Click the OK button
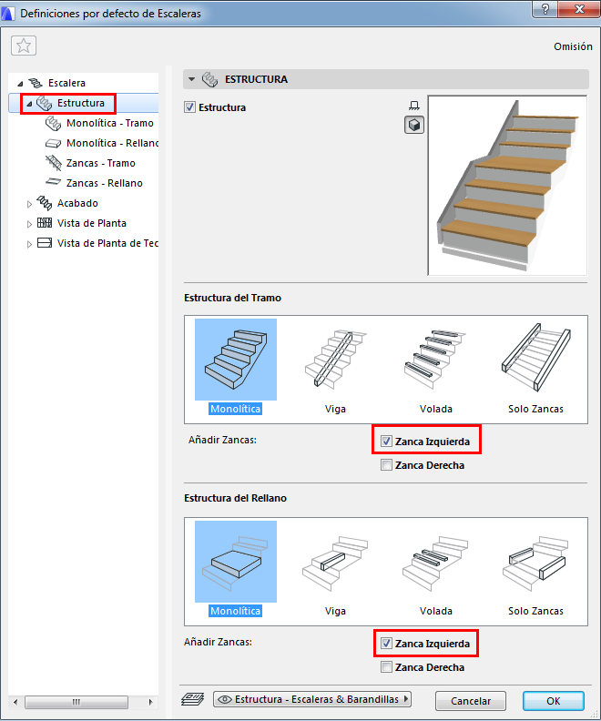(553, 701)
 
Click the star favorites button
(24, 46)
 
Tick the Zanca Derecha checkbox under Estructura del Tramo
(386, 465)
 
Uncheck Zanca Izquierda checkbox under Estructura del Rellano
(386, 644)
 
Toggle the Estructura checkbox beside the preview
(189, 107)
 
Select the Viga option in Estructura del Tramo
(335, 367)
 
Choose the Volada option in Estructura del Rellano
(436, 569)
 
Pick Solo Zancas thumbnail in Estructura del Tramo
(535, 367)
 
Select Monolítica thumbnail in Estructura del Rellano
(236, 569)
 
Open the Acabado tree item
(77, 203)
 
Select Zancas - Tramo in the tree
(101, 163)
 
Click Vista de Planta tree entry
(91, 223)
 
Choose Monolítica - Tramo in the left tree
(110, 123)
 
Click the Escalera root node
(66, 83)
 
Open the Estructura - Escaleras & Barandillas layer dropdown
(312, 699)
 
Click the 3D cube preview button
(413, 125)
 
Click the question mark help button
(545, 9)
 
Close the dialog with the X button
(579, 9)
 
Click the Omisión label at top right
(573, 46)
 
